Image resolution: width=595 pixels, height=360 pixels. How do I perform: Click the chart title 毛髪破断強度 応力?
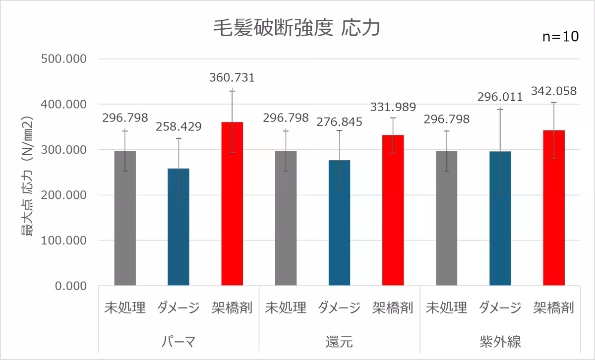pos(297,28)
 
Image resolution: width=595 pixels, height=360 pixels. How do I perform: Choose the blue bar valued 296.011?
pos(500,218)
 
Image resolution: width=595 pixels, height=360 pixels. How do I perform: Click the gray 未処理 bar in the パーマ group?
pos(125,218)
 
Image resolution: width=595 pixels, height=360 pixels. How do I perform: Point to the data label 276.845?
pos(340,122)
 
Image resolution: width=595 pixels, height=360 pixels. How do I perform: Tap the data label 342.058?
pos(554,91)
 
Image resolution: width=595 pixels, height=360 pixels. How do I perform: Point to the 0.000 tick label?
pos(71,286)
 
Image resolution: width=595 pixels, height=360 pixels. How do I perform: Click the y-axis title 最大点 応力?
pos(27,176)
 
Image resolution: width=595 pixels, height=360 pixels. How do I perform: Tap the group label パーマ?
pos(178,342)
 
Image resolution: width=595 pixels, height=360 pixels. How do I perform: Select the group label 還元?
pos(340,342)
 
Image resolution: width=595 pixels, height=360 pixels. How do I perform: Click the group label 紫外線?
pos(500,342)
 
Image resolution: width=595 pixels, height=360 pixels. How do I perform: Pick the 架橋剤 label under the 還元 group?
pos(393,308)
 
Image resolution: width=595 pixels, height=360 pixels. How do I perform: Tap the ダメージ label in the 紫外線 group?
pos(500,308)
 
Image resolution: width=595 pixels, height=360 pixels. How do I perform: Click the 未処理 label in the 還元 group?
pos(286,308)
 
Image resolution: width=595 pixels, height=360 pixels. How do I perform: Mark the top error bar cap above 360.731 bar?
pos(232,90)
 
